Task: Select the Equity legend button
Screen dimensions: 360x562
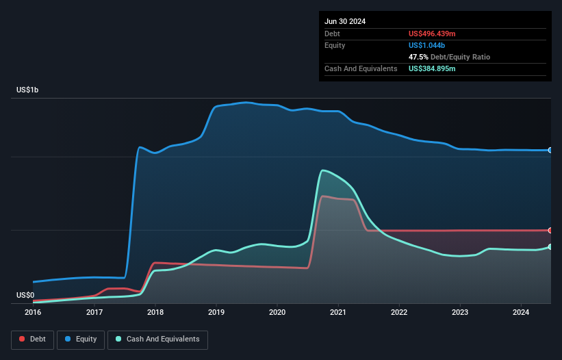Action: pyautogui.click(x=81, y=339)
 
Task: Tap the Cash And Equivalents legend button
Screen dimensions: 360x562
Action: pyautogui.click(x=157, y=339)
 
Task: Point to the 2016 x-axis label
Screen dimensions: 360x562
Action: pyautogui.click(x=33, y=313)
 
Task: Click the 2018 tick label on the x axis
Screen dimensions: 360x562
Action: pyautogui.click(x=155, y=313)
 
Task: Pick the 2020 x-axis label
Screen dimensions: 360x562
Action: pyautogui.click(x=277, y=313)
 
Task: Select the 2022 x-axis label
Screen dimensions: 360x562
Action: pyautogui.click(x=399, y=313)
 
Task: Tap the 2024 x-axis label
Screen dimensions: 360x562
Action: pyautogui.click(x=521, y=313)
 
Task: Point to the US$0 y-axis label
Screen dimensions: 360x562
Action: pyautogui.click(x=25, y=296)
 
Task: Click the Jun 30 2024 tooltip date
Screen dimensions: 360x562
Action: pyautogui.click(x=345, y=21)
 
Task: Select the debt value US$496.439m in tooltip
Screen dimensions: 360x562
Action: pyautogui.click(x=432, y=34)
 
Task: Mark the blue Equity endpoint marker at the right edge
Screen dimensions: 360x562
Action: pyautogui.click(x=550, y=150)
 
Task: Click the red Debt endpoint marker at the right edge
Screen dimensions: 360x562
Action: pyautogui.click(x=550, y=230)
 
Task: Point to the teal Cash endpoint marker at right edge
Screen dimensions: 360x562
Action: pyautogui.click(x=550, y=246)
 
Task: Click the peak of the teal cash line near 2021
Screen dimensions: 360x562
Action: pyautogui.click(x=322, y=170)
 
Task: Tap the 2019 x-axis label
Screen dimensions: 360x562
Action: pyautogui.click(x=216, y=313)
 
